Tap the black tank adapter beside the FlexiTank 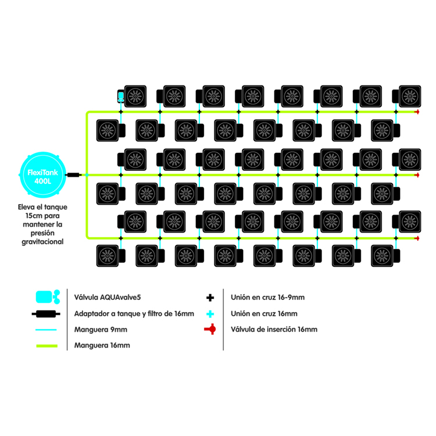[x=73, y=174]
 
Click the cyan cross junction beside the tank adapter [x=87, y=174]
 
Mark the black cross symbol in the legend [x=210, y=298]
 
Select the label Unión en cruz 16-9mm [x=267, y=298]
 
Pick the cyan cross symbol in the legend [x=210, y=314]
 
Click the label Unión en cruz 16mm [x=264, y=314]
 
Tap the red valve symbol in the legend [x=210, y=330]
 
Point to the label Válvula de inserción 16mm [x=274, y=330]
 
